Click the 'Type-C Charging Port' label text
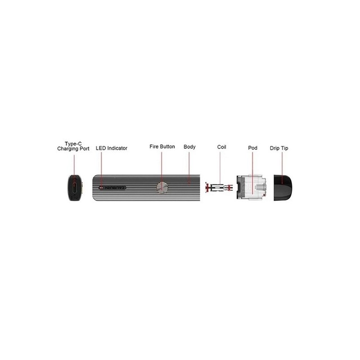[73, 146]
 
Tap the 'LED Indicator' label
[112, 148]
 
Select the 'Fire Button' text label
[162, 147]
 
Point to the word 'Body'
[189, 147]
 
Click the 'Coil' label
[221, 147]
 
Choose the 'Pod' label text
[252, 148]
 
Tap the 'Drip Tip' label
[279, 148]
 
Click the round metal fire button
[162, 188]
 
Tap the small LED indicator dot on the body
[100, 188]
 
